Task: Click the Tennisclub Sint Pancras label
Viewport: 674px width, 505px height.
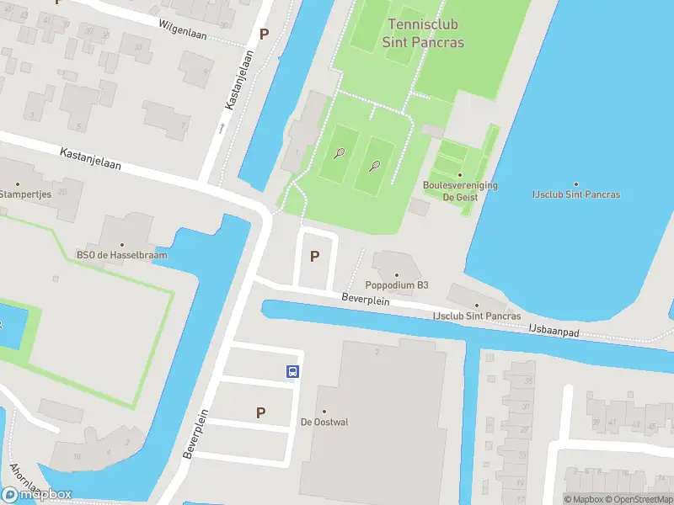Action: point(423,33)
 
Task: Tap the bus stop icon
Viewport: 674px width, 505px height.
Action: point(292,371)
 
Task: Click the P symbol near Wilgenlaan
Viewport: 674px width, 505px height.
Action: point(265,35)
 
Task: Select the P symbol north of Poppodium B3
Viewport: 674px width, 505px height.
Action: point(315,256)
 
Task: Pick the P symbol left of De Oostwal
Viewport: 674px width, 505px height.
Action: point(260,412)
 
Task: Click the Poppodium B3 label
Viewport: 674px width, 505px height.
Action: point(396,284)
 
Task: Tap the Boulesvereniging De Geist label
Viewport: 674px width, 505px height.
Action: point(459,190)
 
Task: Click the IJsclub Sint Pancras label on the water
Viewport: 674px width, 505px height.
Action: point(575,194)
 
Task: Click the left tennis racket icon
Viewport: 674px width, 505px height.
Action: point(340,153)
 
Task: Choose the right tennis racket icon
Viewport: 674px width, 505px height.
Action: point(375,166)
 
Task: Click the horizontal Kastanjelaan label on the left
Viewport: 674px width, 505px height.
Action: point(90,160)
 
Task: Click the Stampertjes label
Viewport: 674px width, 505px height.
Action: point(25,194)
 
